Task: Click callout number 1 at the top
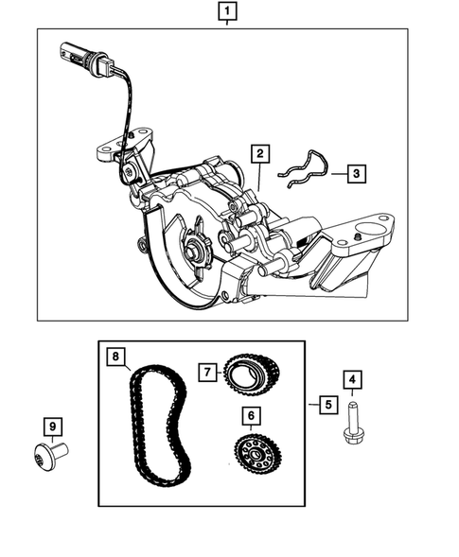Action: pyautogui.click(x=227, y=12)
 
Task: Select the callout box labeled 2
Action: pyautogui.click(x=257, y=152)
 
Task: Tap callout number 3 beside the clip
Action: pyautogui.click(x=355, y=173)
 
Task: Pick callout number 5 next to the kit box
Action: pyautogui.click(x=327, y=405)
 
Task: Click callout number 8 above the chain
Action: pyautogui.click(x=115, y=357)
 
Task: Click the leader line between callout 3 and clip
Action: pyautogui.click(x=335, y=173)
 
